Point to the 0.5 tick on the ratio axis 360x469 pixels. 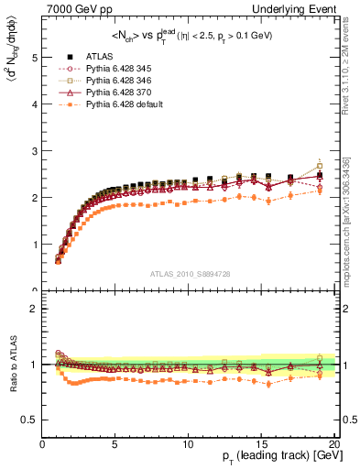pos(30,420)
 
